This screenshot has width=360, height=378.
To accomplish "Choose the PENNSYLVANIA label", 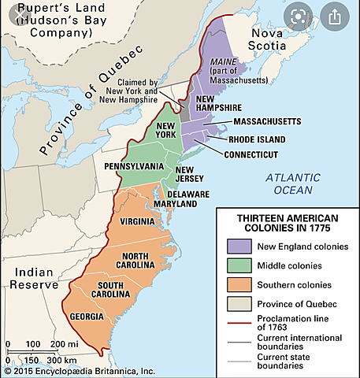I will (134, 166).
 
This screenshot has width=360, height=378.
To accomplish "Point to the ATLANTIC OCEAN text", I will (289, 183).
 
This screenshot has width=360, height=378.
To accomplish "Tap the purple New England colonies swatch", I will (237, 246).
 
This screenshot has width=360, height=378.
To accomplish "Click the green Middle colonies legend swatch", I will (237, 265).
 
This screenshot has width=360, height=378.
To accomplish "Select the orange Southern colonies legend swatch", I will (237, 284).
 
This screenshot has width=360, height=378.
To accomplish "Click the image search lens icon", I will (299, 16).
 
